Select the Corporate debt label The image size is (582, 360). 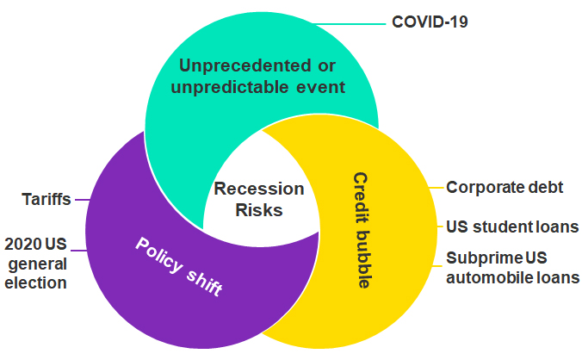tap(504, 186)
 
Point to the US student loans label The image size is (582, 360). tap(511, 227)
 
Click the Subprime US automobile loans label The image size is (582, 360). tap(511, 267)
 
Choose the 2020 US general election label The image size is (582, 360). tap(35, 262)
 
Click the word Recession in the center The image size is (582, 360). tap(258, 189)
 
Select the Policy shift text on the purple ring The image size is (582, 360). tap(179, 266)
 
